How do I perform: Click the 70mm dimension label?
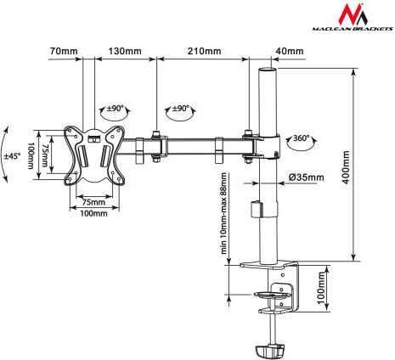click(x=64, y=51)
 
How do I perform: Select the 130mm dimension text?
click(x=125, y=51)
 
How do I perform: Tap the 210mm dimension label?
click(x=204, y=51)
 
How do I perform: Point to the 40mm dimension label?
click(x=290, y=51)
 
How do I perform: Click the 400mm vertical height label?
click(x=346, y=167)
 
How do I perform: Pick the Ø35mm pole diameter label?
click(x=307, y=177)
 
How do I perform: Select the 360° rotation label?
click(x=301, y=138)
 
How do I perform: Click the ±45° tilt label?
click(x=12, y=156)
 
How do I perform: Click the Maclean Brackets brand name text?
click(x=353, y=29)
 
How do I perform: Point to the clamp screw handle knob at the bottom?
click(x=269, y=351)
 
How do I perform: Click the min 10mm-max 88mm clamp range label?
click(x=224, y=213)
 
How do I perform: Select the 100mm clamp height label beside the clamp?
click(x=321, y=288)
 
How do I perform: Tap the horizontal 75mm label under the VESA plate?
click(x=93, y=202)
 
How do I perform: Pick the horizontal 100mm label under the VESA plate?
click(x=93, y=213)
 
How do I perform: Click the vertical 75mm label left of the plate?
click(x=45, y=155)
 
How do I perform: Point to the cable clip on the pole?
click(x=256, y=209)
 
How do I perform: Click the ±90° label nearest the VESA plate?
click(x=116, y=109)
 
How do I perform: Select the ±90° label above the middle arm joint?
click(x=181, y=108)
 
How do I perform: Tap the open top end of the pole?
click(x=268, y=70)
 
